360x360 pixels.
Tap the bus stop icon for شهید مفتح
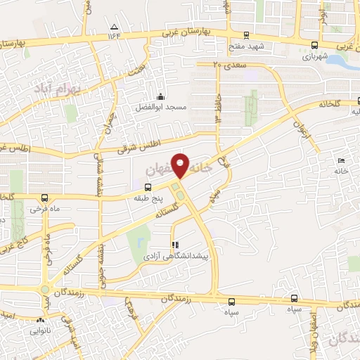click(246, 34)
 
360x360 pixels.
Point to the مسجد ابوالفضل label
click(161, 108)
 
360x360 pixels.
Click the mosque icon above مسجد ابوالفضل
click(161, 97)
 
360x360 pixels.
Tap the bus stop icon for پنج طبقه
click(148, 187)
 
